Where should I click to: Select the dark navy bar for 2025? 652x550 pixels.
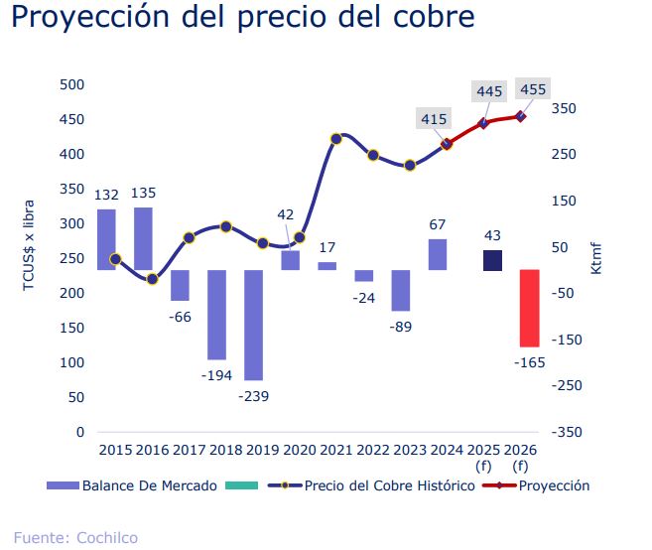[492, 260]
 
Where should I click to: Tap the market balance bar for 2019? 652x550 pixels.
[253, 325]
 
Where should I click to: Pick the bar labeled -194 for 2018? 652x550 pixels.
[216, 315]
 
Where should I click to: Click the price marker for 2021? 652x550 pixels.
[336, 138]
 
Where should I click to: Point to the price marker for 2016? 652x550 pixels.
[152, 279]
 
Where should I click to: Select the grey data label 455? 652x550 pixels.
[532, 89]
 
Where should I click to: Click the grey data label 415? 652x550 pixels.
[434, 119]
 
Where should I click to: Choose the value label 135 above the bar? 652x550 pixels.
[143, 193]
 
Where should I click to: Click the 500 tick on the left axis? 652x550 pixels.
[72, 84]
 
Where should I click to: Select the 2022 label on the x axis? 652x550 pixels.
[373, 450]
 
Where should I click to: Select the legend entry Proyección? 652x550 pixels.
[554, 486]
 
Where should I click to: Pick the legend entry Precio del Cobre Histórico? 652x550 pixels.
[389, 486]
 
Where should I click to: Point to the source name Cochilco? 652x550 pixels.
[106, 538]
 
